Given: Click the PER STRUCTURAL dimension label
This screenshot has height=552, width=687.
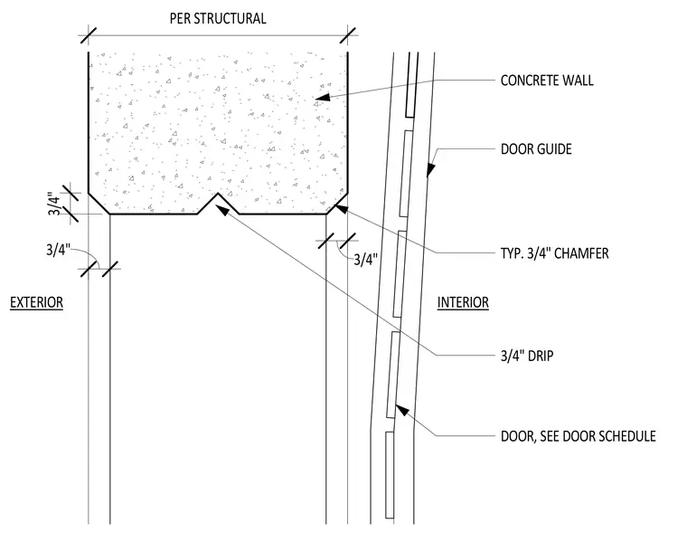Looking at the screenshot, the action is [218, 18].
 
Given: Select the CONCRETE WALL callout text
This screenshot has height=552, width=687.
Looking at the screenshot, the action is [547, 81].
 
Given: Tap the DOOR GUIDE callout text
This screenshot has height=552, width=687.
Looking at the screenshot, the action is [536, 149].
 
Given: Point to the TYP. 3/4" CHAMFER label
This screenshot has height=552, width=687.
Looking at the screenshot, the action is [555, 253].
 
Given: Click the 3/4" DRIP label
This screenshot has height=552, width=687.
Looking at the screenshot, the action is [527, 355].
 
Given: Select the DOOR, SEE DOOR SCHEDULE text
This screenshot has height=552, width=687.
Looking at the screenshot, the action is [579, 436].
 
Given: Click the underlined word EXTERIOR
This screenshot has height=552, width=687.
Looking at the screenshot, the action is [37, 302].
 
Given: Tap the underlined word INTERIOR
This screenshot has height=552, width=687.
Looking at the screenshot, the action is [463, 302].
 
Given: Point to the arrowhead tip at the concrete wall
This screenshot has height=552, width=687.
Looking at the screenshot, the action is [315, 99].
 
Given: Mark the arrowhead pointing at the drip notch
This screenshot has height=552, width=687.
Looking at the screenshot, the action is [217, 205].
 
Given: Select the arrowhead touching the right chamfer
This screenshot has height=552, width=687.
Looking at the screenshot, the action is [335, 205].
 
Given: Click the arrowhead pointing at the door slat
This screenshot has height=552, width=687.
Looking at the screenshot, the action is [396, 406].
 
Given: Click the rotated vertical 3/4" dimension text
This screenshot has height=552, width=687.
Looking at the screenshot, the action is [53, 204].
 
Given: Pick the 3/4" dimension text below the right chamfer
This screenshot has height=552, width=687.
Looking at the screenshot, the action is [365, 260].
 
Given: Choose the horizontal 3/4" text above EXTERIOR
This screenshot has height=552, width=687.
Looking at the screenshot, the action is [58, 250].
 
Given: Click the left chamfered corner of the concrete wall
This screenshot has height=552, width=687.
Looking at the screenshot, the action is [99, 204].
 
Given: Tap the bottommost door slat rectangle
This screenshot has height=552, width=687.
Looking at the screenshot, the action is [390, 475].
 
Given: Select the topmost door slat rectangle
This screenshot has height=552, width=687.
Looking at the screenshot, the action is [411, 85].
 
